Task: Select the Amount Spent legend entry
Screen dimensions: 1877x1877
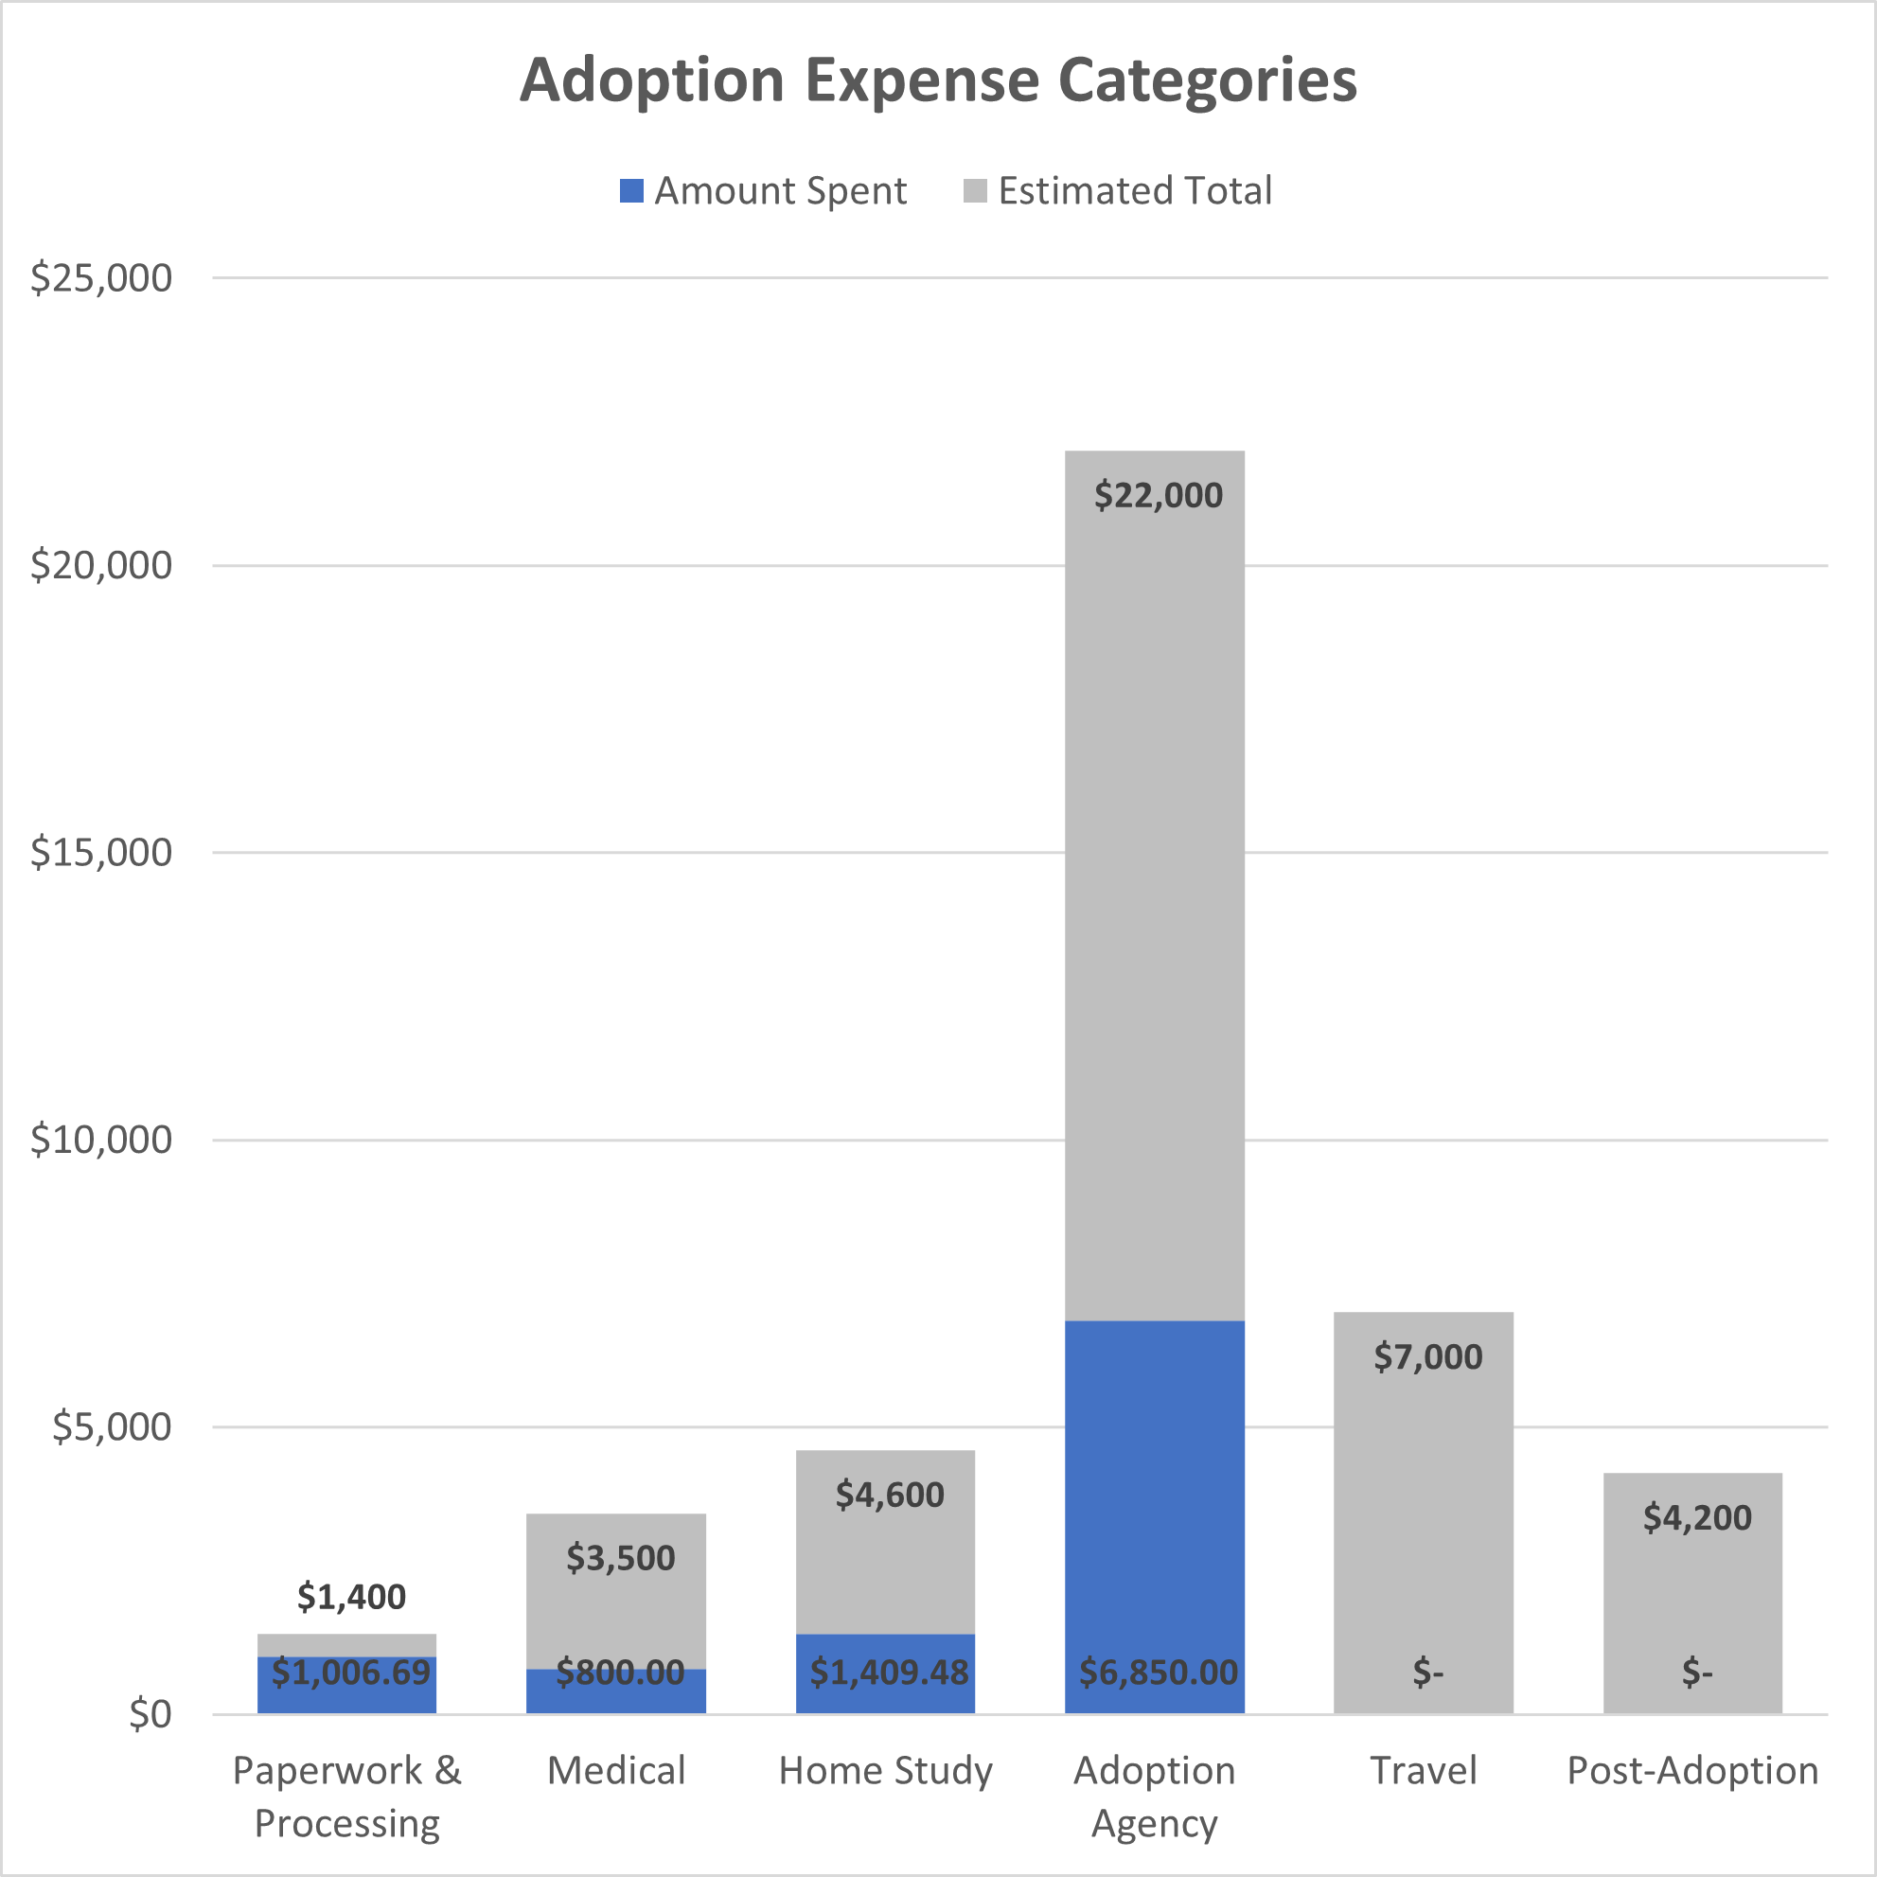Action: click(763, 190)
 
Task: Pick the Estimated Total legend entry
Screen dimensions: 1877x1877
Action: click(1117, 190)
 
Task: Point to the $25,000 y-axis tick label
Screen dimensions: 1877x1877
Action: click(101, 278)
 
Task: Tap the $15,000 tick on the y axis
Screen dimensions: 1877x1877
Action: click(101, 852)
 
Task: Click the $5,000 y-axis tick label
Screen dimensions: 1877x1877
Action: click(112, 1426)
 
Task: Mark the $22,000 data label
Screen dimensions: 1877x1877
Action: click(1158, 495)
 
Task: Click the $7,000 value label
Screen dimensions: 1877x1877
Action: click(1427, 1356)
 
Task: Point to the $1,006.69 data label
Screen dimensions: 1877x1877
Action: click(350, 1672)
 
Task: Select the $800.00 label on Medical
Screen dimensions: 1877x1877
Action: click(620, 1672)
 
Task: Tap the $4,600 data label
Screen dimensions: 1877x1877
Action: click(889, 1495)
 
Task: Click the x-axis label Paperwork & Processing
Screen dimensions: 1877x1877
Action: click(346, 1797)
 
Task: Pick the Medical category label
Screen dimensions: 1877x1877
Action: click(616, 1770)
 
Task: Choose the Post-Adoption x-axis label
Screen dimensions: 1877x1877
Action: click(1692, 1770)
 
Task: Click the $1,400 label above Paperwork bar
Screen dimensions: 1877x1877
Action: click(351, 1596)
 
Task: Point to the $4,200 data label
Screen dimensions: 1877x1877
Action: click(1696, 1517)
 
